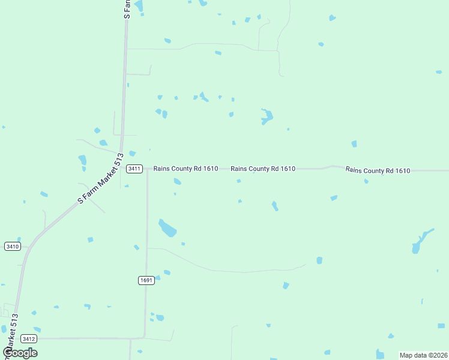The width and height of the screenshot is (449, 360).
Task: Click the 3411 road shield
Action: pos(134,169)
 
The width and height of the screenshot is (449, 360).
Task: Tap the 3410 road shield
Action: pos(12,246)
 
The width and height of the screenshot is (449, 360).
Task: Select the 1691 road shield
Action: pos(146,280)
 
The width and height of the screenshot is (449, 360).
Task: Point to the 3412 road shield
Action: pos(28,339)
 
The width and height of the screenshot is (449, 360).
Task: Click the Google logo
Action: pos(20,352)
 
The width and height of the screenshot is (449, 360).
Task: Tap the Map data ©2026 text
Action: pos(423,355)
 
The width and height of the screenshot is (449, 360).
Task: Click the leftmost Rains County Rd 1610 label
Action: pos(185,169)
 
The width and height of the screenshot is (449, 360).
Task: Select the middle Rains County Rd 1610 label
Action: pos(263,169)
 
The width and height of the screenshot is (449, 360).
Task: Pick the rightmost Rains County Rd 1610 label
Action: pos(378,170)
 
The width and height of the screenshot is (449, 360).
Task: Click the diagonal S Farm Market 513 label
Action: pos(100,179)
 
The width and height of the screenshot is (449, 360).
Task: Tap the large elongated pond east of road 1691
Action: pos(167,229)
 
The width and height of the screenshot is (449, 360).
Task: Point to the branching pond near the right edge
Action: pos(421,241)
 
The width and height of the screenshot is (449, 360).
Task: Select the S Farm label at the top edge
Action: pos(127,8)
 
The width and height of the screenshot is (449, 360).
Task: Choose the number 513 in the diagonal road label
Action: pos(117,161)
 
